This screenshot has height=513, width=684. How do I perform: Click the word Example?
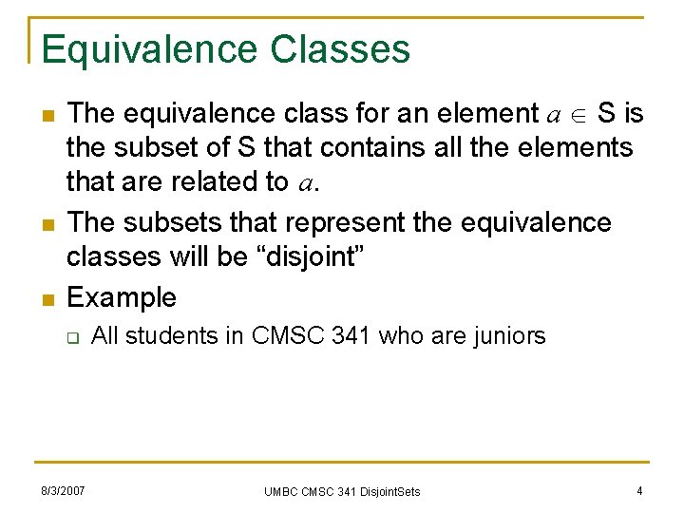click(x=122, y=297)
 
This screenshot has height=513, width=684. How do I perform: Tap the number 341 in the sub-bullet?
click(x=351, y=335)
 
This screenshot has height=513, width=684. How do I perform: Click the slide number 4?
click(x=639, y=490)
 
